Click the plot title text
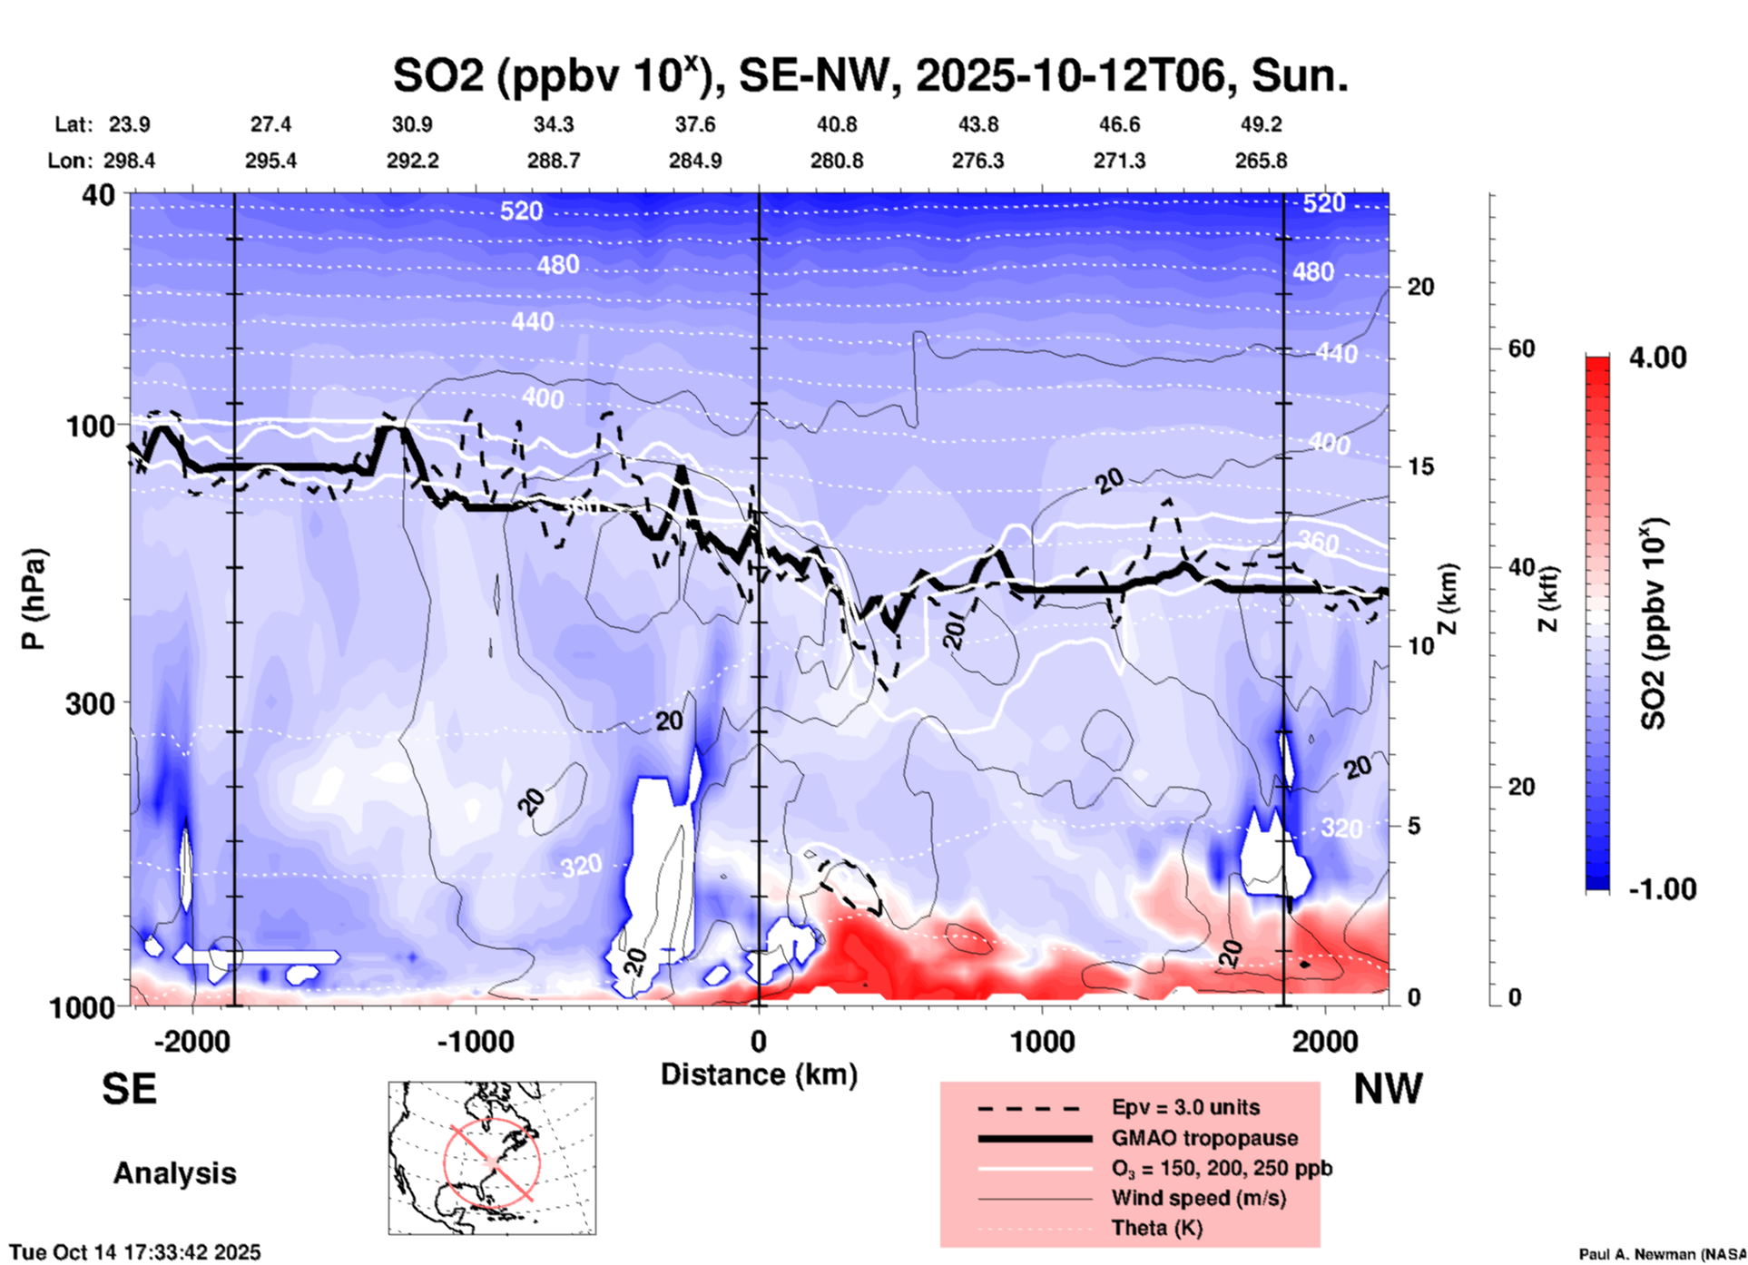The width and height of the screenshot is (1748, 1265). coord(869,75)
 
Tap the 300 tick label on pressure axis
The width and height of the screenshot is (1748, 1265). coord(90,703)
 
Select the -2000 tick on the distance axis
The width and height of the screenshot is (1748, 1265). coord(191,1042)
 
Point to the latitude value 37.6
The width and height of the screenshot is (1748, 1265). coord(694,124)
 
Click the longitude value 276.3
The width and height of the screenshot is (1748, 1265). coord(977,161)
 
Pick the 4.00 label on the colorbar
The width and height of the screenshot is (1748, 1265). coord(1657,358)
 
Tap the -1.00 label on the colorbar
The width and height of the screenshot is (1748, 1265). coord(1661,889)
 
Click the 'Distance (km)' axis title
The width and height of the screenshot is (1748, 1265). coord(759,1074)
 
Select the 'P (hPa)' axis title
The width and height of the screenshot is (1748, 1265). coord(34,599)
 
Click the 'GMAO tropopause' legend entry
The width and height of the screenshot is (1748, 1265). coord(1204,1138)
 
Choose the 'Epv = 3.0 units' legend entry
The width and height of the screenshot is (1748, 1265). coord(1184,1108)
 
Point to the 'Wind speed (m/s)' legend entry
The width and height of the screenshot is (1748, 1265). coord(1198,1199)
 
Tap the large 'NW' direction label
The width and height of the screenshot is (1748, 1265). coord(1388,1090)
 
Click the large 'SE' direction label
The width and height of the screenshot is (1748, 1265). coord(129,1089)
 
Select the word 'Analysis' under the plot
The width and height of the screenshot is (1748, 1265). coord(174,1173)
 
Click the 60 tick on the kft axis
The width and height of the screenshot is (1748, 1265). coord(1521,348)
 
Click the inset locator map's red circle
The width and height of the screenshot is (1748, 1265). coord(492,1161)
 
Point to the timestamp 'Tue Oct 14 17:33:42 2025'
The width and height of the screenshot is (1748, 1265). coord(135,1252)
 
